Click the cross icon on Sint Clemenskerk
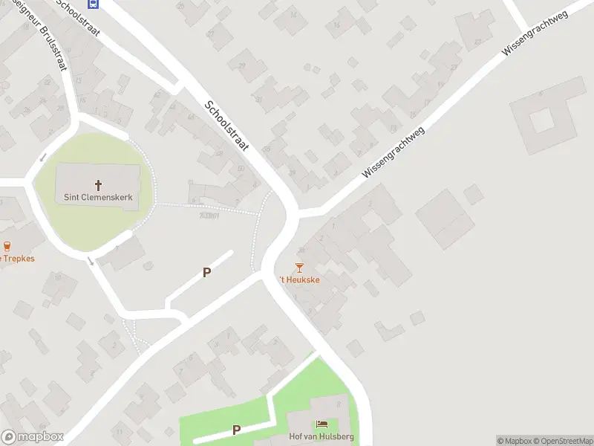[x=98, y=184]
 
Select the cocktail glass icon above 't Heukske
[x=299, y=267]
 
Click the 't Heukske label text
[x=299, y=279]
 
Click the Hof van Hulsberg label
[x=322, y=437]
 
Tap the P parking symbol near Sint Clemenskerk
[x=206, y=273]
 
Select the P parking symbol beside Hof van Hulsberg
[x=236, y=430]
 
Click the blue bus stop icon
[x=93, y=3]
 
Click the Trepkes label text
[x=18, y=259]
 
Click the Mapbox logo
[x=33, y=437]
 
